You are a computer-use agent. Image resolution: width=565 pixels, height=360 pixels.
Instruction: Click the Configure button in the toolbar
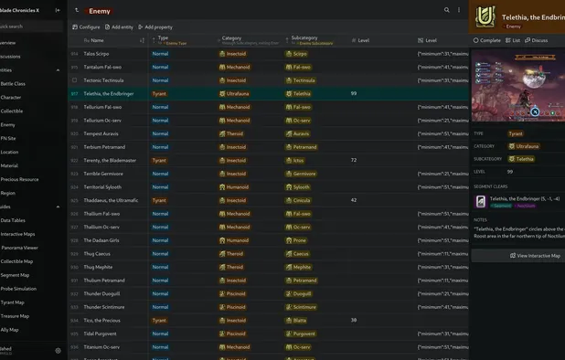(86, 26)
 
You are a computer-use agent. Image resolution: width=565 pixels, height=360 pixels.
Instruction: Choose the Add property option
(155, 26)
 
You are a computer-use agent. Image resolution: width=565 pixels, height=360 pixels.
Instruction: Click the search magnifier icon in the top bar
(447, 10)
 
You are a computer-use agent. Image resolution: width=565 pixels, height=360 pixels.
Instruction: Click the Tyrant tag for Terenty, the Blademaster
(159, 160)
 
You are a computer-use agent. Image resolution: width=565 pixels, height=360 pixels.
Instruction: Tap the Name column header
(97, 40)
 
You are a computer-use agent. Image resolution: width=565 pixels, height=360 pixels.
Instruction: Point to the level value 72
(354, 160)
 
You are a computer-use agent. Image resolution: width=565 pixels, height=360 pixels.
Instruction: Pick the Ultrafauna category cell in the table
(236, 93)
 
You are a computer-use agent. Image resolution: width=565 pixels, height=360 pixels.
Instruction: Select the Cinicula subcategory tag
(301, 200)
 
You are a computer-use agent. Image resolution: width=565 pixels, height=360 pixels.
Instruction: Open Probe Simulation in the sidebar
(18, 288)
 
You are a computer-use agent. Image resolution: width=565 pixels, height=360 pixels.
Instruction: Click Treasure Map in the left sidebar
(15, 315)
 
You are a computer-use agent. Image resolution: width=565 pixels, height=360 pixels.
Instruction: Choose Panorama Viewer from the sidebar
(19, 248)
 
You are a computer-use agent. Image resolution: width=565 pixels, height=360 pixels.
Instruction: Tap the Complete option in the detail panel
(488, 40)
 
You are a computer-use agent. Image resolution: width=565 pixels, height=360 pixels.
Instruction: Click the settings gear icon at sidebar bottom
(58, 349)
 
